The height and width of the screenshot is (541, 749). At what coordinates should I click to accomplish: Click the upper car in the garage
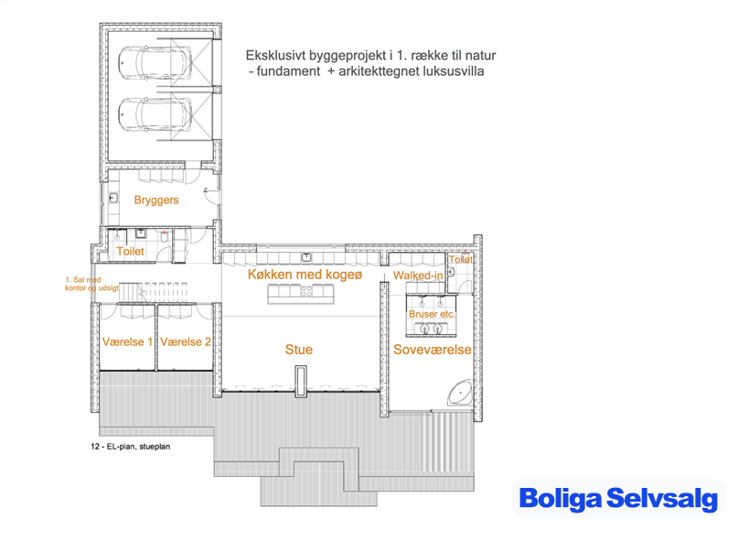click(155, 62)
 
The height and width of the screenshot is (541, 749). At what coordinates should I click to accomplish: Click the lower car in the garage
click(155, 114)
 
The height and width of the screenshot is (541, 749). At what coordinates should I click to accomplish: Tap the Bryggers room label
click(156, 200)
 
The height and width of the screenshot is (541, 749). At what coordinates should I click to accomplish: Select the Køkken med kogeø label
click(305, 275)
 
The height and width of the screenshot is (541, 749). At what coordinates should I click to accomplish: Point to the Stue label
click(299, 350)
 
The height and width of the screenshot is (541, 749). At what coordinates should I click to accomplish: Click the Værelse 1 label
click(127, 341)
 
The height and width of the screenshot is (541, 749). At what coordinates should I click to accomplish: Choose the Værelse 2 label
click(186, 341)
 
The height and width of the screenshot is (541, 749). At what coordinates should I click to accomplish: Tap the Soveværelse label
click(433, 350)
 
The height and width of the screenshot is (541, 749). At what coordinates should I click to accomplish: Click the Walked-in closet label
click(418, 276)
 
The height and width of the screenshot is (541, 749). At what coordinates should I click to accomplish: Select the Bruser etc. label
click(432, 314)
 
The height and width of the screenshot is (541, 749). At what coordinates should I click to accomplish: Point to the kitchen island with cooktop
click(301, 293)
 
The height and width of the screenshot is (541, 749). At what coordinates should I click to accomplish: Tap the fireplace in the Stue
click(301, 381)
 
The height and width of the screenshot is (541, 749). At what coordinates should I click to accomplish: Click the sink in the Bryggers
click(113, 197)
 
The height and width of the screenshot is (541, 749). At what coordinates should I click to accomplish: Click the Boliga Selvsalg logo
click(618, 498)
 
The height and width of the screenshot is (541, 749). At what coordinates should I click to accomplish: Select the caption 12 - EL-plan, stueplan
click(131, 447)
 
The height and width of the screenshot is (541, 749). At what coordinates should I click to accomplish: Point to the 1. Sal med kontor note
click(91, 284)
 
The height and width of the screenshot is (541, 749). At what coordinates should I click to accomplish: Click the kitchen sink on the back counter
click(305, 258)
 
